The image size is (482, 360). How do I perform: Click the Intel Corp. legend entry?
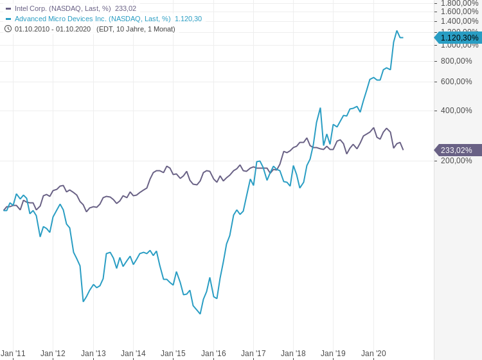(x=62, y=8)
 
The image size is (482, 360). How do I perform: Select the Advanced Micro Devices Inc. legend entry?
(x=93, y=19)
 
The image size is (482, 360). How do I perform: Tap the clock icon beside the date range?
(x=8, y=28)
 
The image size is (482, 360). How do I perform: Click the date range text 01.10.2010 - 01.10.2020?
(x=53, y=29)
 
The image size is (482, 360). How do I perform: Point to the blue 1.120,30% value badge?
(x=459, y=38)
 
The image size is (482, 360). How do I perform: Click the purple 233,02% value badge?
(x=457, y=150)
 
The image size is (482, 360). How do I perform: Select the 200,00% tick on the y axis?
(x=456, y=161)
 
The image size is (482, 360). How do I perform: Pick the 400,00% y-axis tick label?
(x=456, y=111)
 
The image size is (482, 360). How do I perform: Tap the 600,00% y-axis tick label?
(x=456, y=82)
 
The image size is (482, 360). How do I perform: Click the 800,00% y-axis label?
(x=456, y=61)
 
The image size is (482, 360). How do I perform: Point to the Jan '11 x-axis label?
(x=13, y=354)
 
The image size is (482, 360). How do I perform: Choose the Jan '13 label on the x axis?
(x=93, y=354)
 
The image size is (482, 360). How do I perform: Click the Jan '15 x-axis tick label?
(x=173, y=354)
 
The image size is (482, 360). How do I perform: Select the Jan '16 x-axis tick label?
(x=213, y=354)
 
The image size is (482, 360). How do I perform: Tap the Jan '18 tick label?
(x=293, y=354)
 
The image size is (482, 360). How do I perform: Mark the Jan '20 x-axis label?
(x=373, y=354)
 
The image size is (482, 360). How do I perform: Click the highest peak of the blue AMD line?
(x=397, y=31)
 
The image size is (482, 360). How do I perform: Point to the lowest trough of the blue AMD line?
(x=201, y=314)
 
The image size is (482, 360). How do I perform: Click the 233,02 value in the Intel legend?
(x=125, y=8)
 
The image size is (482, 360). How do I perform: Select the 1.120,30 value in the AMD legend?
(x=188, y=19)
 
